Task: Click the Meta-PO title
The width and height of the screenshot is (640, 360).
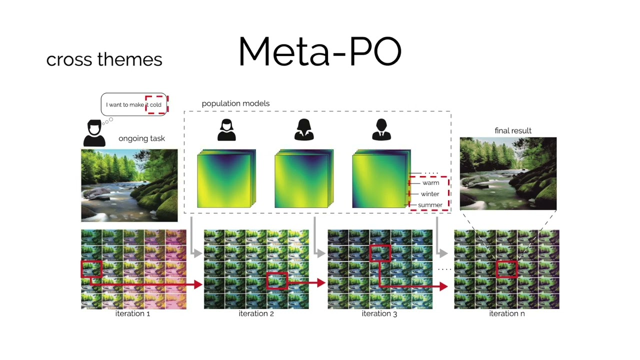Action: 320,51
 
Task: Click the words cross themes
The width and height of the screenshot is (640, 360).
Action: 104,59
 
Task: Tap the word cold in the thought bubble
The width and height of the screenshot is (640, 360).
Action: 155,104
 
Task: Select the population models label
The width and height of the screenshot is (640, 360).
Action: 235,103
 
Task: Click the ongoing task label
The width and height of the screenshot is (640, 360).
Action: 141,138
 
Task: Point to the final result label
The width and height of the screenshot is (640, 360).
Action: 513,130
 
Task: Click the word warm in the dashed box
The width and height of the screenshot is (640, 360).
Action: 430,183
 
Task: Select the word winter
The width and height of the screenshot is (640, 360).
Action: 430,194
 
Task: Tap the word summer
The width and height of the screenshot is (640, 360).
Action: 430,205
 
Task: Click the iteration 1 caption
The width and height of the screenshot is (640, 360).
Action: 132,313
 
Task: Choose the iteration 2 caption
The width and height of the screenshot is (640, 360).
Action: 256,313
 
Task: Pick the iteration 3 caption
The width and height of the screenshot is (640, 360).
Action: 379,313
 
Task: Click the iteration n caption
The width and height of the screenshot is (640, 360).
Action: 506,313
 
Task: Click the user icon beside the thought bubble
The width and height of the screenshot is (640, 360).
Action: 94,133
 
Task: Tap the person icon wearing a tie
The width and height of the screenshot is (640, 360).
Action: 381,129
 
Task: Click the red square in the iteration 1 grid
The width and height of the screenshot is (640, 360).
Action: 91,269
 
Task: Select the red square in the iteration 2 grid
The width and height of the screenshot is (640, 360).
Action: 276,280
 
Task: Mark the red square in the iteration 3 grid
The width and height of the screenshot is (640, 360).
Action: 380,253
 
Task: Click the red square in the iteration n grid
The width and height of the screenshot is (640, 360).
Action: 506,269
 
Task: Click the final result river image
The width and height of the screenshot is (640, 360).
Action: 508,173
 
